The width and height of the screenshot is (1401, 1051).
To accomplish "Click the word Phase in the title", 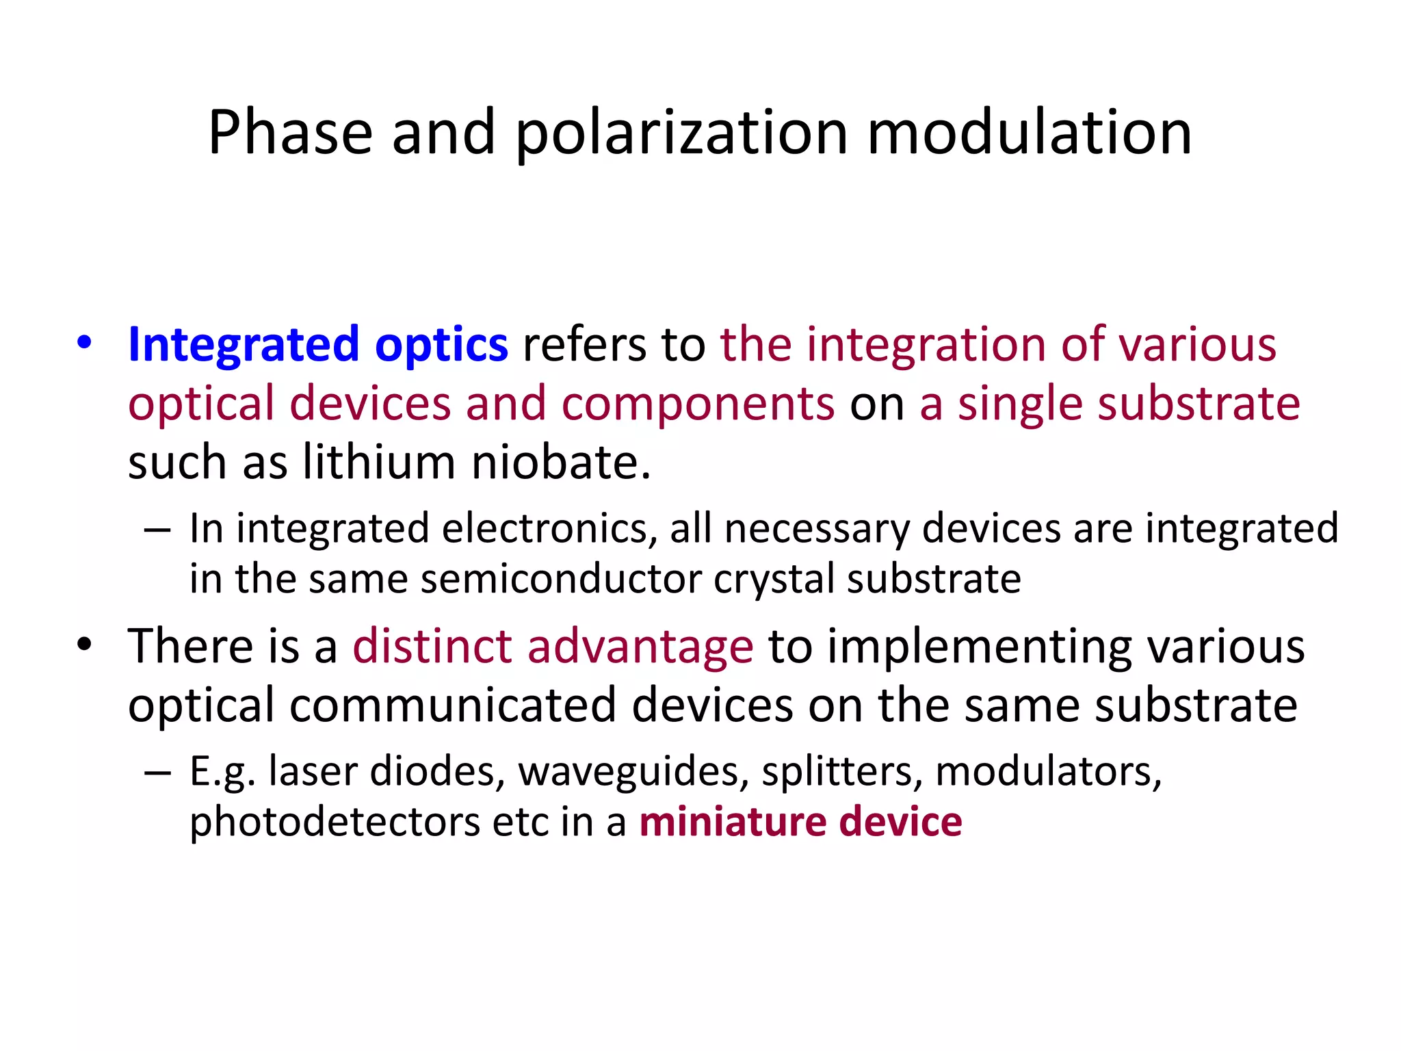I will (290, 133).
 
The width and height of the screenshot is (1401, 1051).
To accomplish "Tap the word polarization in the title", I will (681, 133).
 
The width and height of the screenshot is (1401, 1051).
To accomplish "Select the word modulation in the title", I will (1030, 133).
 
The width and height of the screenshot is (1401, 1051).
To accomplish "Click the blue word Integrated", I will (244, 345).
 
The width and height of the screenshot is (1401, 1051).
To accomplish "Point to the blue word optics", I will (441, 345).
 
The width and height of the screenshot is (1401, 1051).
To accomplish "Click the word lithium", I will (378, 463).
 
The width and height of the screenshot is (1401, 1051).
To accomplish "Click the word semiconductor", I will (561, 579).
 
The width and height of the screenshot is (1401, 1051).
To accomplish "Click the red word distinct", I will (432, 646).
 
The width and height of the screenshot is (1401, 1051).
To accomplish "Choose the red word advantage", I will (640, 646).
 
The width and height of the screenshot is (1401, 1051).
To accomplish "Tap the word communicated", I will (452, 705).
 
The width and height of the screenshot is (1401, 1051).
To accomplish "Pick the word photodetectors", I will (335, 822).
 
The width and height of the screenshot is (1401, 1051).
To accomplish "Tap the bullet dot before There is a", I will (84, 645).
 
